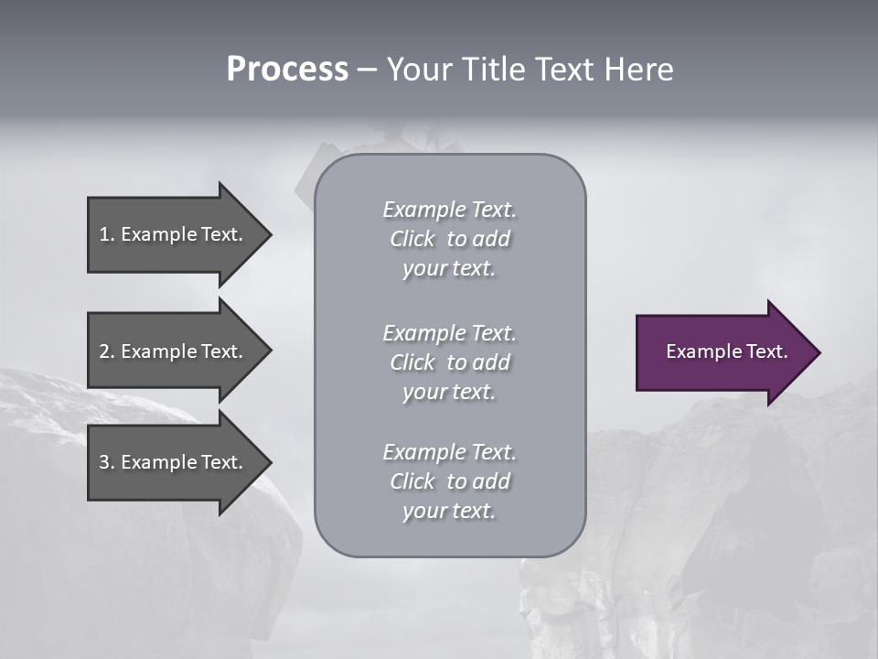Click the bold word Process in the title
[x=287, y=70]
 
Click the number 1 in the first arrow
[x=104, y=234]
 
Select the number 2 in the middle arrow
[x=104, y=351]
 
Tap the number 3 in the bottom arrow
[x=104, y=462]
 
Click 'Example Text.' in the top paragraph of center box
[x=449, y=210]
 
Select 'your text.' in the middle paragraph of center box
[x=449, y=392]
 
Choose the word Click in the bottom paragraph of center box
[x=412, y=481]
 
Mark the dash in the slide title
[x=367, y=70]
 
